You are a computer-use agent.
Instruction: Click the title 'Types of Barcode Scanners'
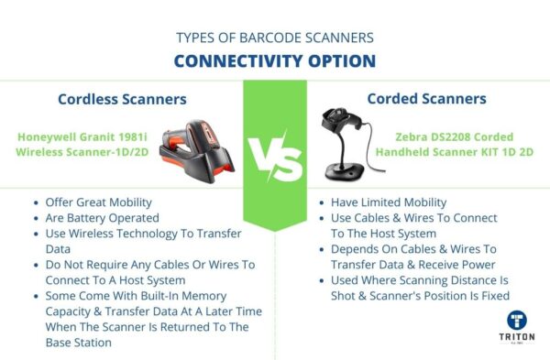(275, 38)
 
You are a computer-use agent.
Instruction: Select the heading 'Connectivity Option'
(275, 61)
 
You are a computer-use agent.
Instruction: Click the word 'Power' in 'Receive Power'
(485, 265)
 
